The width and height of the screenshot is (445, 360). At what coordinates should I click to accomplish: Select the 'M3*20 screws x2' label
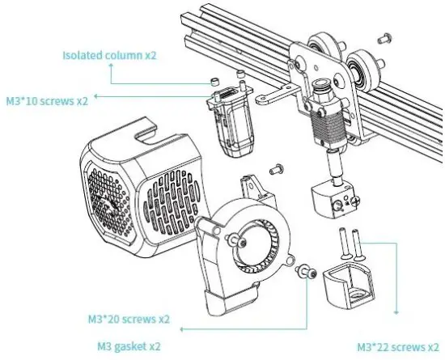(129, 318)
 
